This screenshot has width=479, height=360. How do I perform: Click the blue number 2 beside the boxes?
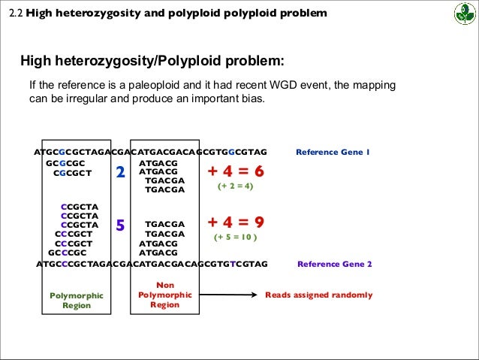[x=119, y=173]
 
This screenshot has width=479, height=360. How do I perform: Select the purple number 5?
[x=119, y=225]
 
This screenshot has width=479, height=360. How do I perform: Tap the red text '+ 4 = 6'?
[x=236, y=172]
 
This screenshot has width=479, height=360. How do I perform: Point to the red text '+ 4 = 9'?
[x=236, y=222]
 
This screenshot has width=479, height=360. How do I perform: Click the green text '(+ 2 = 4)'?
[x=236, y=186]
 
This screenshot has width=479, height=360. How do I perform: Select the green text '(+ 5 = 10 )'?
[x=236, y=237]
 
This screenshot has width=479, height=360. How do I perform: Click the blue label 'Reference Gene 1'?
[x=333, y=152]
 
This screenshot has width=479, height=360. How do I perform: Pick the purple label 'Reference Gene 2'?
[x=335, y=264]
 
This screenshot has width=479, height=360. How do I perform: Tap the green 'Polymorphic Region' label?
[x=77, y=301]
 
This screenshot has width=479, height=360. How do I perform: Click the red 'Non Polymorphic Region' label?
[x=164, y=295]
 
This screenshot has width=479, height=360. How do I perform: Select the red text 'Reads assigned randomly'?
[x=318, y=295]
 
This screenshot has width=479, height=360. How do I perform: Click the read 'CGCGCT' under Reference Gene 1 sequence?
[x=72, y=172]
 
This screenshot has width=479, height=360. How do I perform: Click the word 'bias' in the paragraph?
[x=252, y=98]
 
